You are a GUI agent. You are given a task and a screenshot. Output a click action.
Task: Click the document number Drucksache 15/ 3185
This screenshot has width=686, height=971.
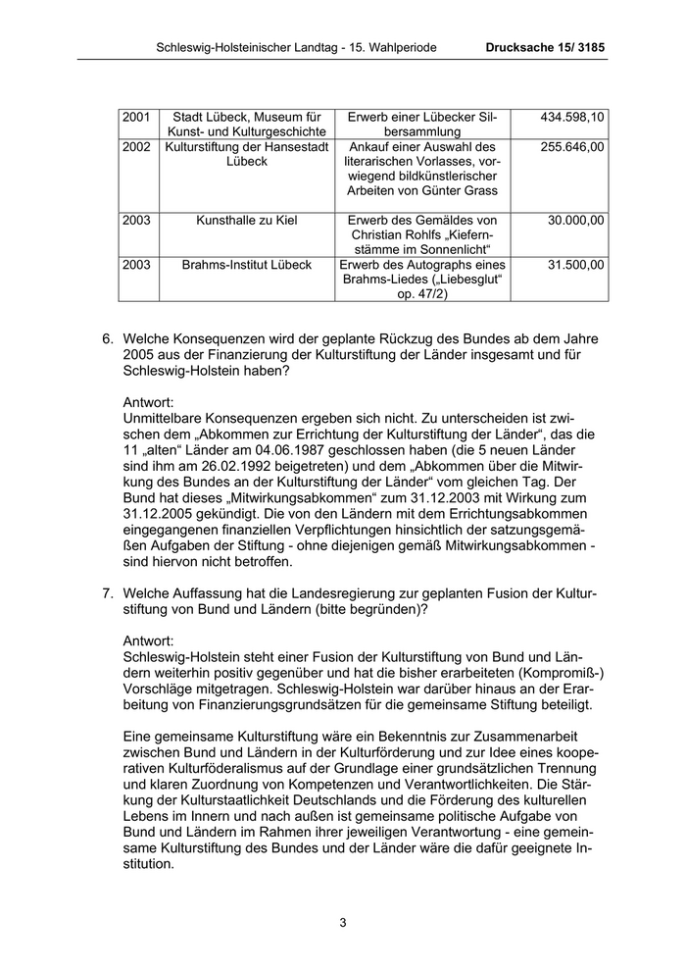tap(545, 47)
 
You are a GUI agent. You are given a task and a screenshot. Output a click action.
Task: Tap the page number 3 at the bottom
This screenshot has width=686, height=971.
tap(343, 922)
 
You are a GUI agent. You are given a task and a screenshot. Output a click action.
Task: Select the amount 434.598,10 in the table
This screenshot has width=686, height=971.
tap(572, 118)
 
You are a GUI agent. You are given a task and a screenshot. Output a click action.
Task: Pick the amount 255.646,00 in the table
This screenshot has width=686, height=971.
tap(572, 146)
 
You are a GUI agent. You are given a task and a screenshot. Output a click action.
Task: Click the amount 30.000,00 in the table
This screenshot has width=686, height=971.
tap(576, 221)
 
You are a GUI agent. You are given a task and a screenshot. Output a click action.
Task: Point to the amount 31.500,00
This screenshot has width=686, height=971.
tap(576, 265)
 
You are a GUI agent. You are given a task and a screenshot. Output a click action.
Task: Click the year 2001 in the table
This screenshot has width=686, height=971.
tap(137, 118)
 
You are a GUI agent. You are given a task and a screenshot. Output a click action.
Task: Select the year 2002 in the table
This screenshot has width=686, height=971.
tap(137, 146)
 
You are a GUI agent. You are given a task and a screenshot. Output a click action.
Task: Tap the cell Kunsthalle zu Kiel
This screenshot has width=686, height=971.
tap(245, 221)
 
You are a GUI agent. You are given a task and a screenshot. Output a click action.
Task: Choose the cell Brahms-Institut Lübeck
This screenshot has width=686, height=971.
tap(245, 265)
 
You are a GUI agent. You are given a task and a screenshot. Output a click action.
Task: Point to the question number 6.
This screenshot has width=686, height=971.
tap(108, 338)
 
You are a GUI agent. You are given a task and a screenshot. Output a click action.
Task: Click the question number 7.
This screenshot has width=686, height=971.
tap(108, 593)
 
